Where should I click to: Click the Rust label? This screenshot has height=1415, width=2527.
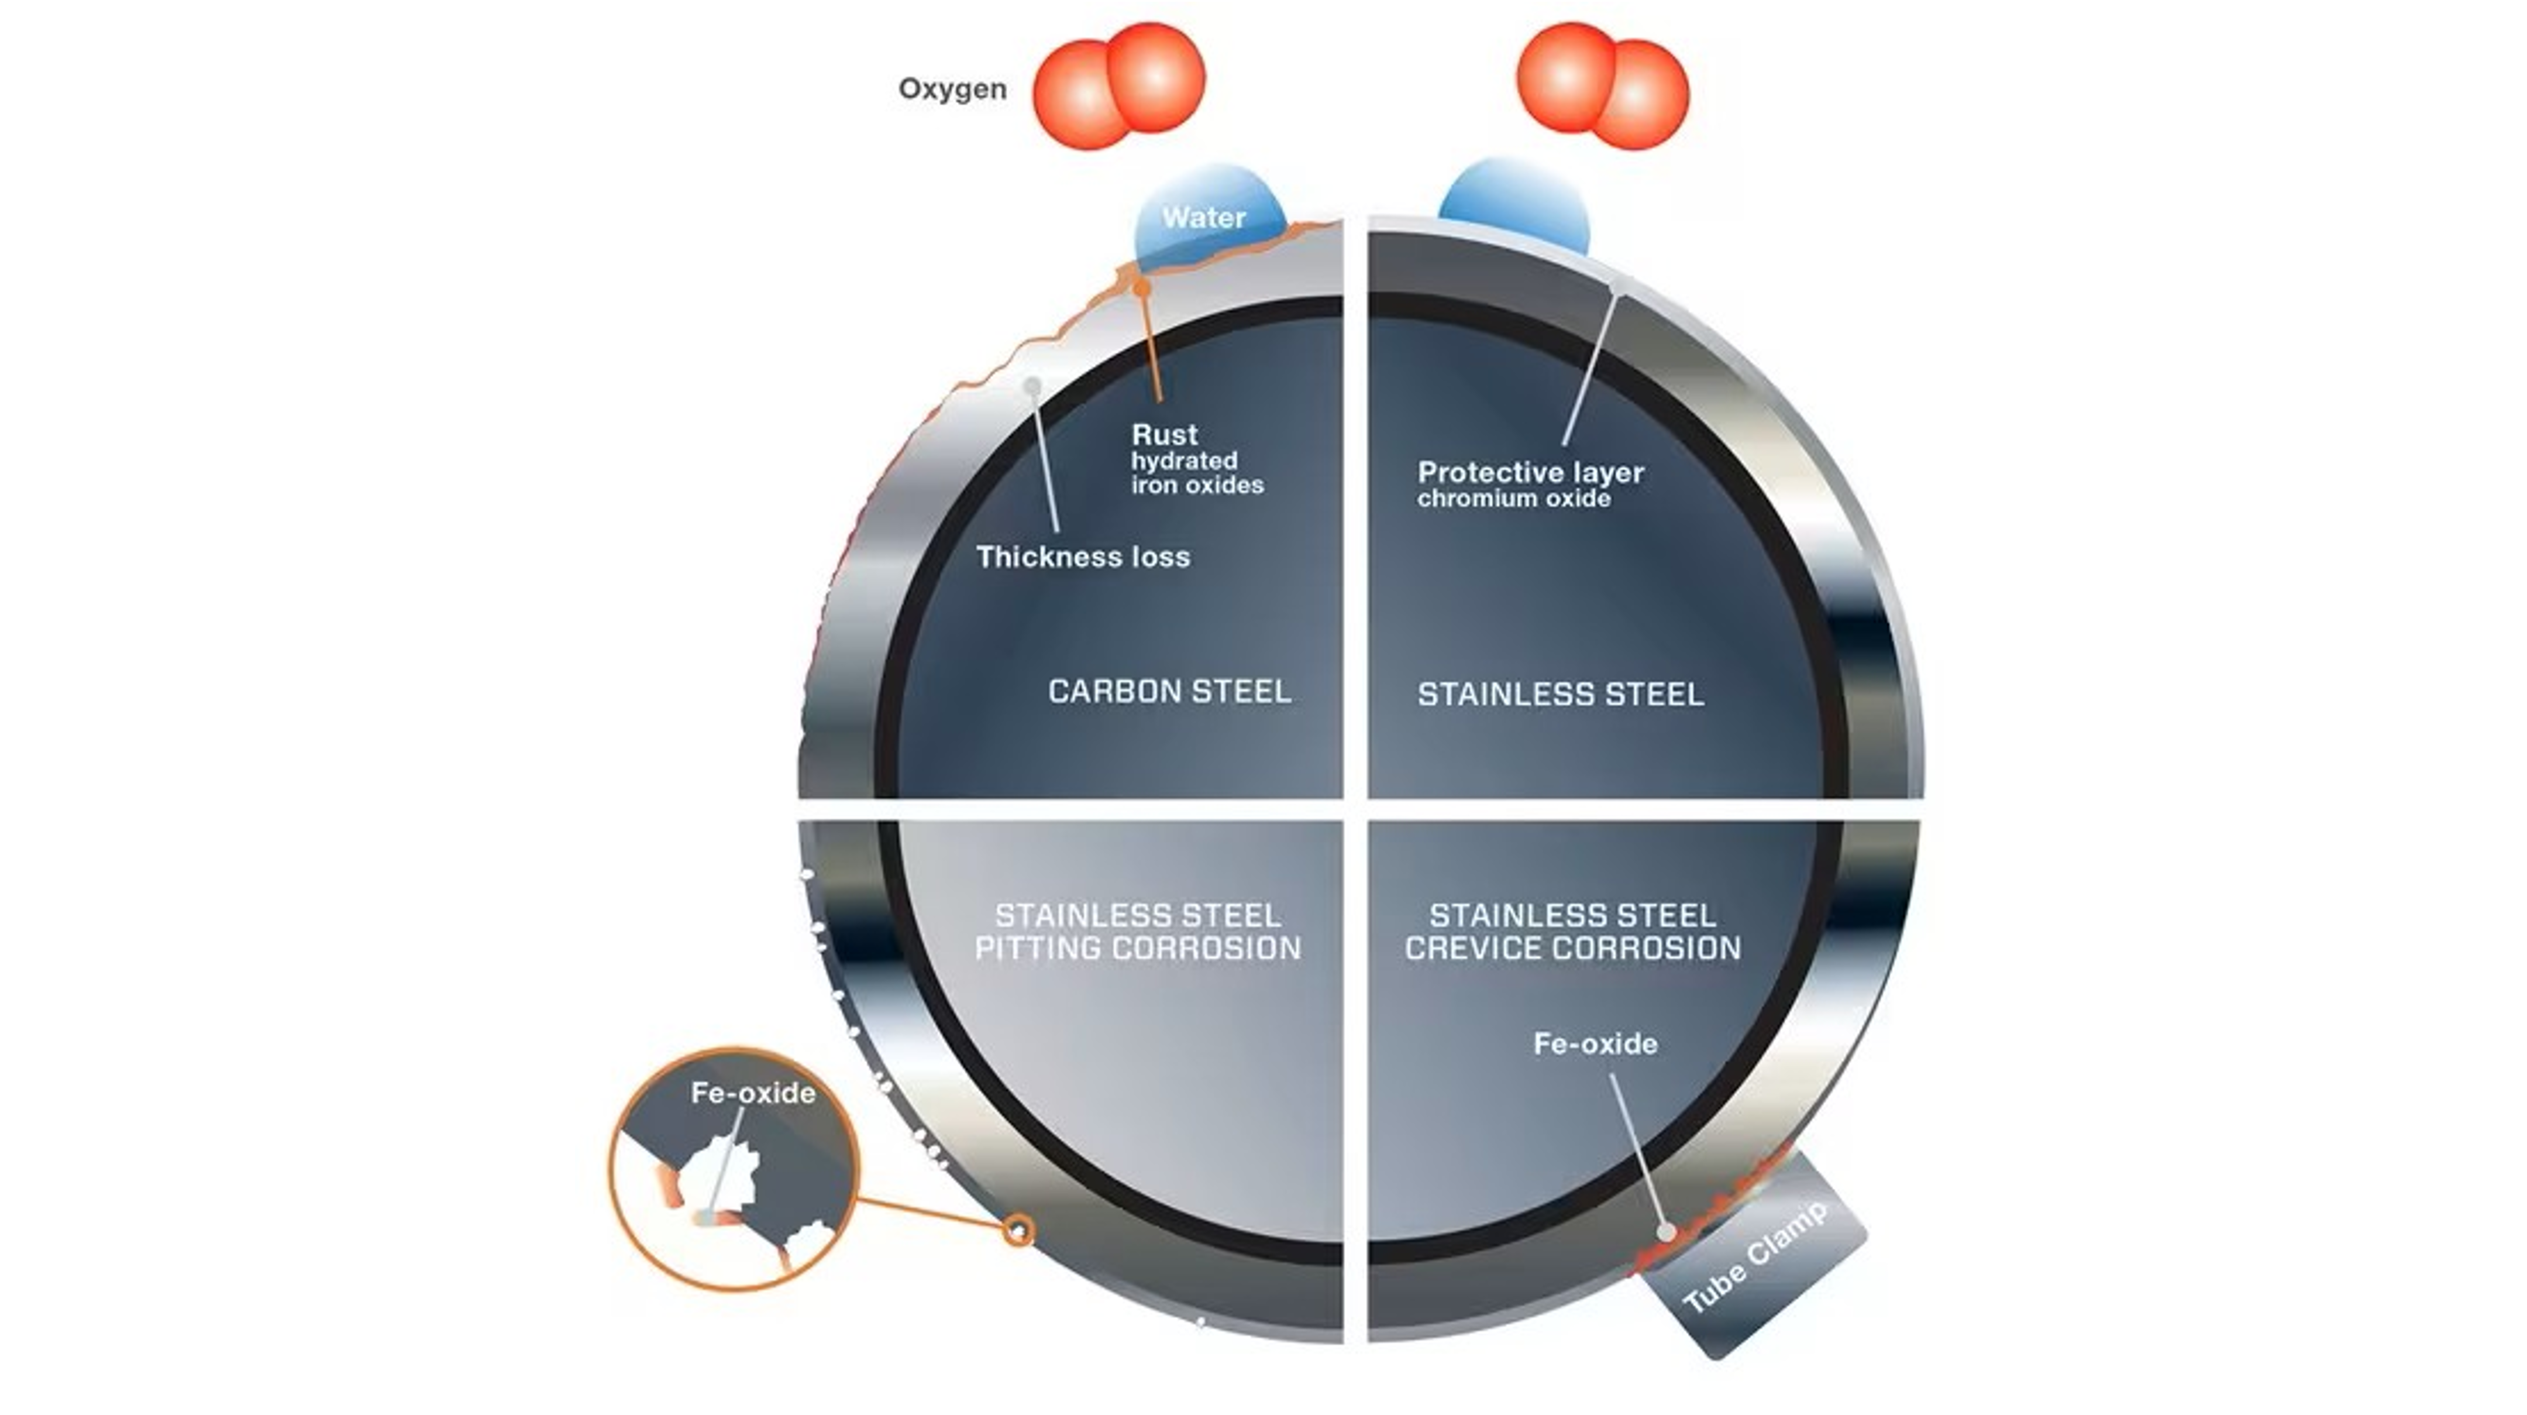[1165, 435]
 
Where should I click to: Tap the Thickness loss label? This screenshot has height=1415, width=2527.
[1083, 557]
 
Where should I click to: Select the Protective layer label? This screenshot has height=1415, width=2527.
[1530, 472]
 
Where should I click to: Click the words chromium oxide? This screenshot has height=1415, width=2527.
[1514, 499]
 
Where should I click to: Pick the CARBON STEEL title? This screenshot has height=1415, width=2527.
[1169, 692]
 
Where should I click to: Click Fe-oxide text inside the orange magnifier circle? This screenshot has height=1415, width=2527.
[752, 1093]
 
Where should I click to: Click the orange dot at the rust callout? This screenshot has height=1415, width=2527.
[1142, 287]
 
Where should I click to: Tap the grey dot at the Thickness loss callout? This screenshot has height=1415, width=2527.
[1032, 386]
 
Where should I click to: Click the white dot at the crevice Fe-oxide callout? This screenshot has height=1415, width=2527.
[1666, 1231]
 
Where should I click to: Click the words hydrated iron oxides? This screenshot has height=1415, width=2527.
[1197, 473]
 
